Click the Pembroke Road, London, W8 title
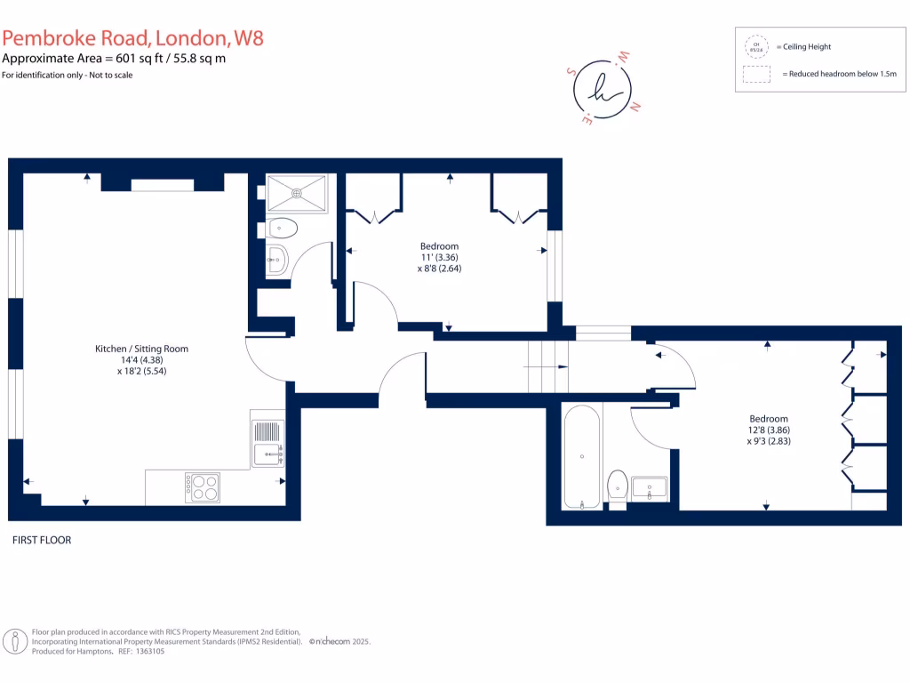[x=132, y=38]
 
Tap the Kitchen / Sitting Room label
[x=142, y=349]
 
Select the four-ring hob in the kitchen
[x=203, y=486]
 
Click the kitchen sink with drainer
[x=267, y=444]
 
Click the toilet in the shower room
[x=281, y=229]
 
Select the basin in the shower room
[x=276, y=261]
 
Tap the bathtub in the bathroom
[x=581, y=456]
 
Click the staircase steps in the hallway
[x=547, y=366]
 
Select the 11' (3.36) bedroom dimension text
[x=440, y=257]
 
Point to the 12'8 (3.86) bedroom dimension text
[x=768, y=429]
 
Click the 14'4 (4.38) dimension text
[x=142, y=360]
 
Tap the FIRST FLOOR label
[x=42, y=540]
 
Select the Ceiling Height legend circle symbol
[x=757, y=46]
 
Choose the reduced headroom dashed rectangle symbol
[x=757, y=75]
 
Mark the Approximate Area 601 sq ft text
[x=114, y=59]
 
